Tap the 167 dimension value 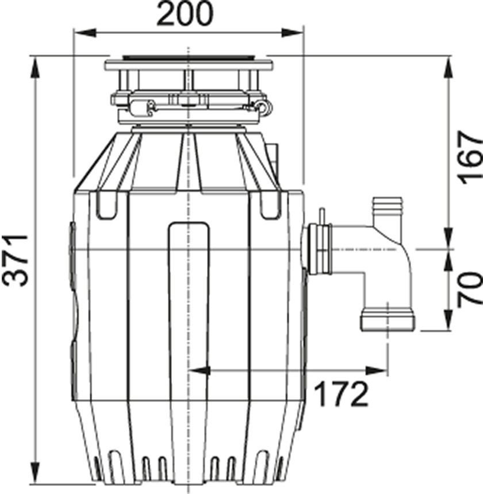469,156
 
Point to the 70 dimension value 469,288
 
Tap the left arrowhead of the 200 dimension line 78,33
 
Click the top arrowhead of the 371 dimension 36,63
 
